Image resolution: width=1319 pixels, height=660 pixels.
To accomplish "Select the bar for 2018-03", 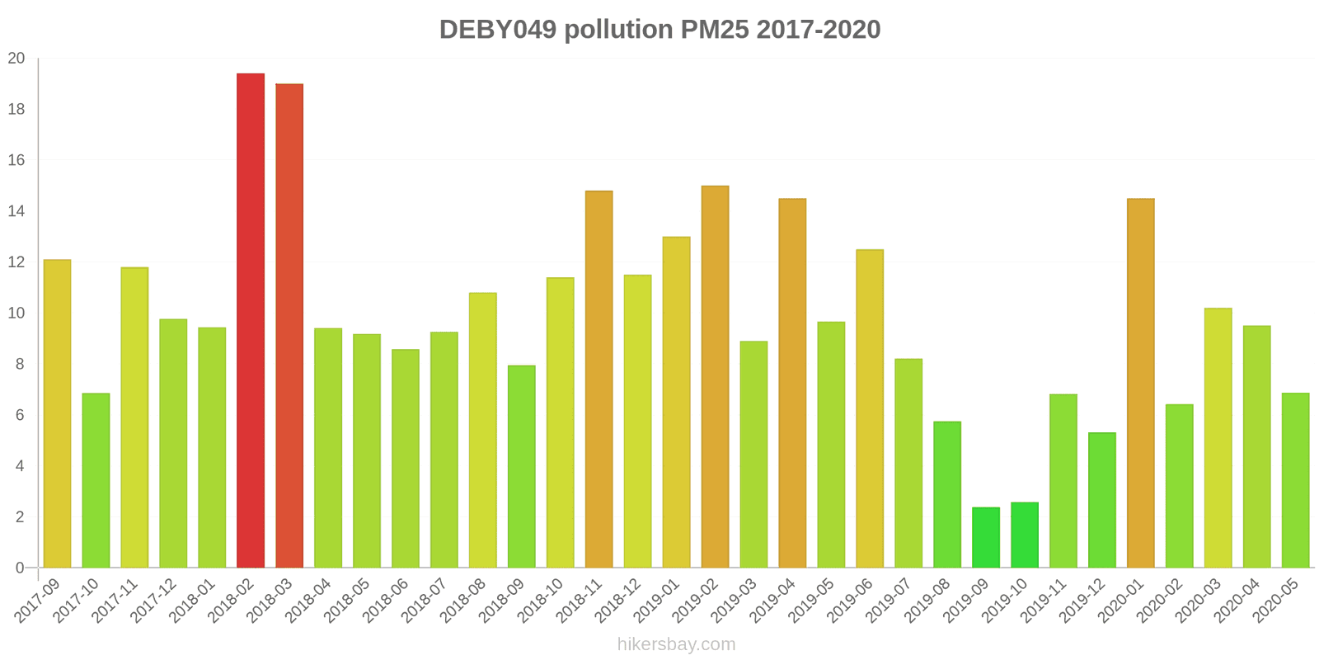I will click(x=289, y=325).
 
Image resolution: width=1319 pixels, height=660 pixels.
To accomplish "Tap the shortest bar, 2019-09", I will click(x=986, y=537).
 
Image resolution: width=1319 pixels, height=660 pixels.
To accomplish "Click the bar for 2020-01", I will click(x=1140, y=383).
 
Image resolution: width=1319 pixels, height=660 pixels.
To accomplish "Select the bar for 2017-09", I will click(x=57, y=413).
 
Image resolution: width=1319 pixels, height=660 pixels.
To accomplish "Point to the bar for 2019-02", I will click(x=715, y=376).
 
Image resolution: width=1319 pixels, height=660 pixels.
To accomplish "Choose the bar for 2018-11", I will click(x=598, y=379).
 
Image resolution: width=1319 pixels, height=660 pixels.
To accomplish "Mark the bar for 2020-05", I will click(x=1295, y=480).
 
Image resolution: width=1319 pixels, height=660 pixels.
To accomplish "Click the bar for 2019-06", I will click(x=870, y=408).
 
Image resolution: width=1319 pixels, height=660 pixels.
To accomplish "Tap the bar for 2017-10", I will click(x=96, y=480).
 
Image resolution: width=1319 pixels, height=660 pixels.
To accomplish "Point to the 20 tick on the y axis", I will click(x=16, y=59).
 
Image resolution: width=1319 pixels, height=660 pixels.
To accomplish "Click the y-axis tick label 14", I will click(x=16, y=211).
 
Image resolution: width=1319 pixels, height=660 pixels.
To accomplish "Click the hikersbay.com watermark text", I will click(x=676, y=644).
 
